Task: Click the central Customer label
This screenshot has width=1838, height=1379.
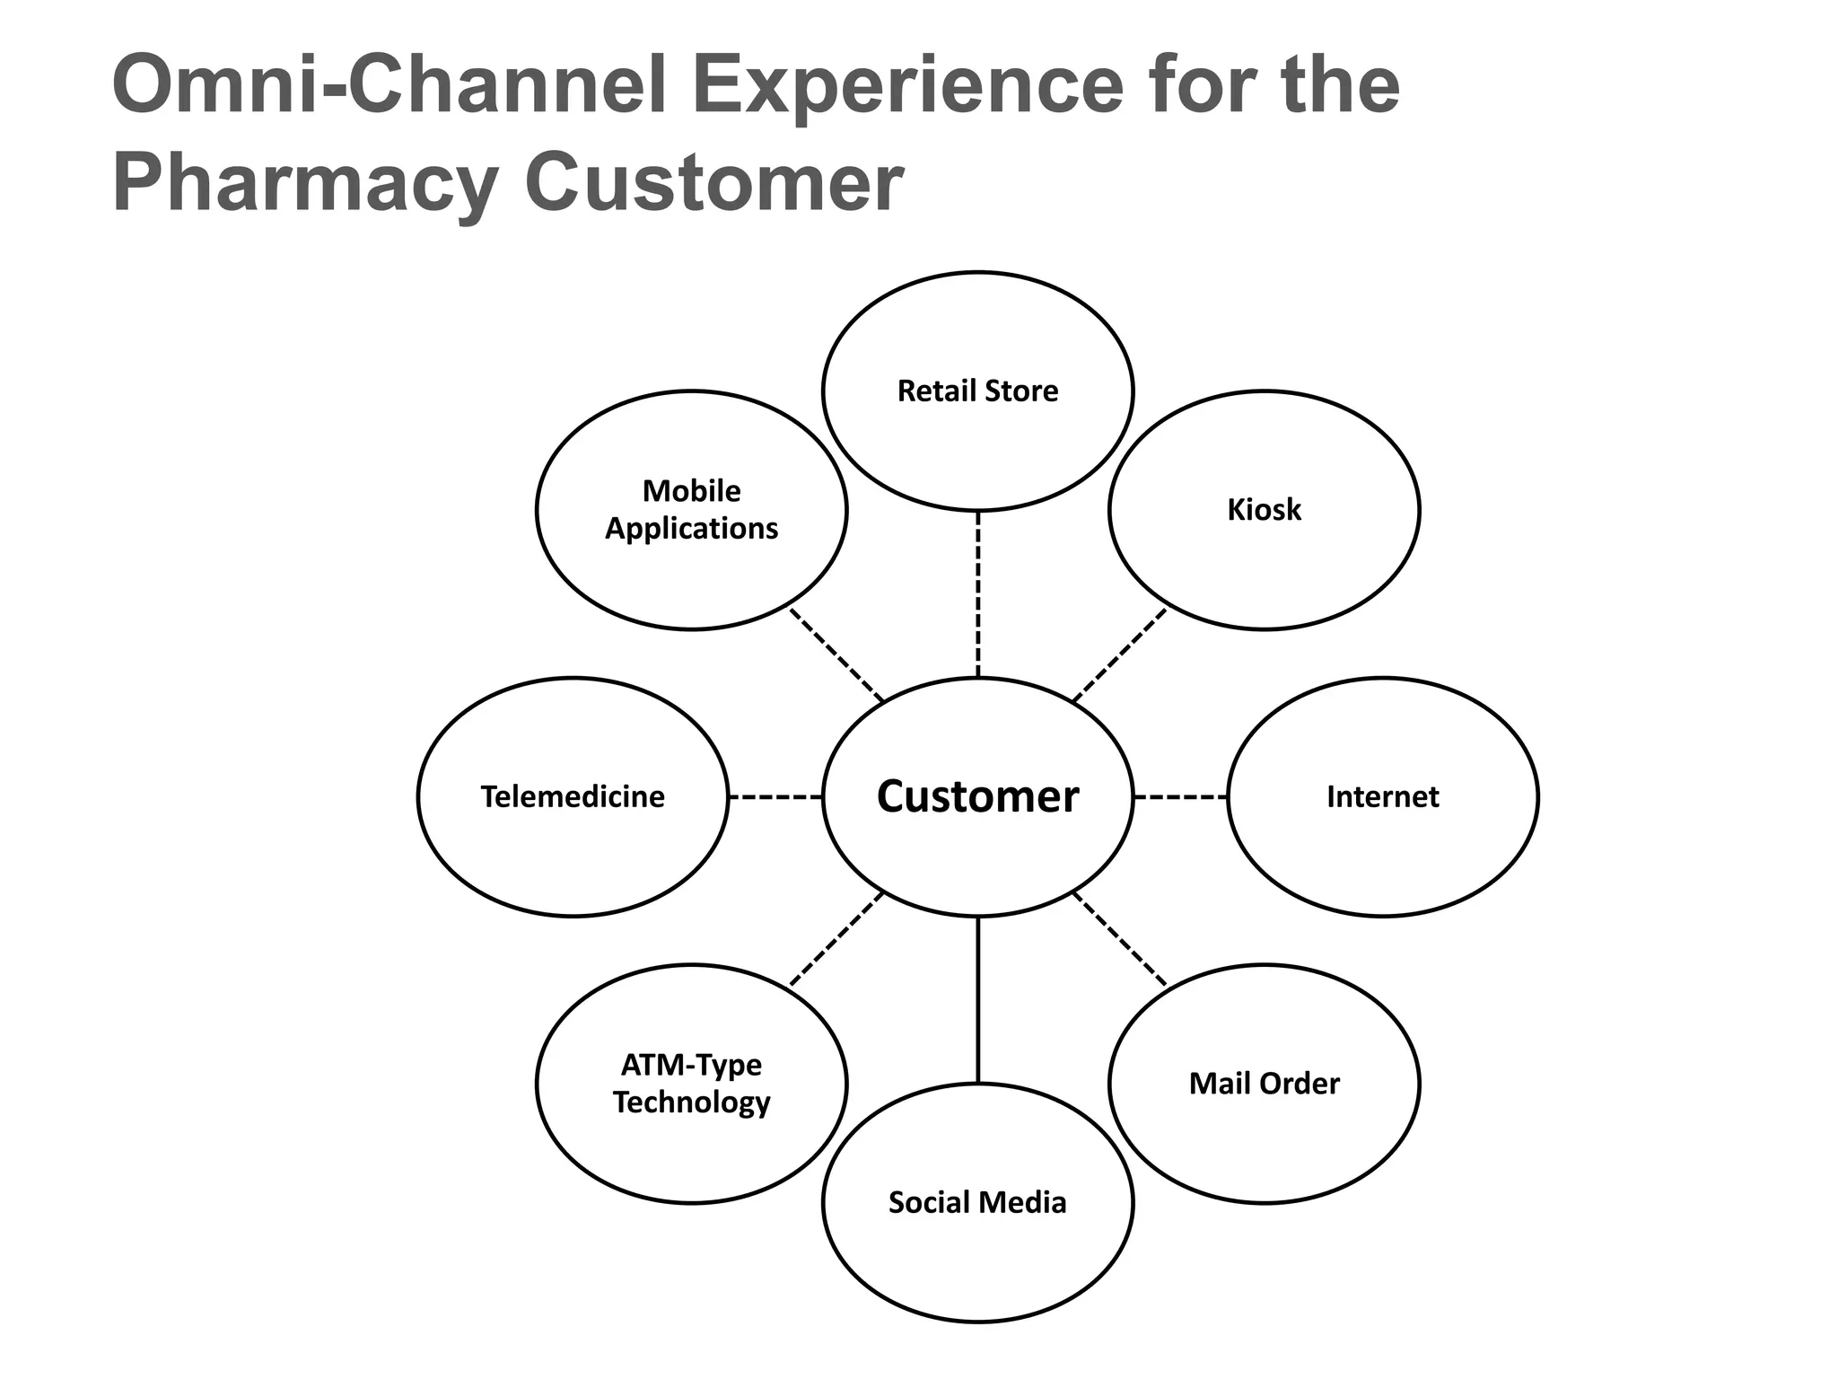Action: tap(977, 797)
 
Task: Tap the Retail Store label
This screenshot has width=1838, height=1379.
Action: tap(977, 391)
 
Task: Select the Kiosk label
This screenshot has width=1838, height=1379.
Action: tap(1264, 510)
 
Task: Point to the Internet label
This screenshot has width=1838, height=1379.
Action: tap(1382, 797)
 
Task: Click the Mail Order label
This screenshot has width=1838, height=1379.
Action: tap(1264, 1084)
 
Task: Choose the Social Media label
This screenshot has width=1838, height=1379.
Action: tap(977, 1203)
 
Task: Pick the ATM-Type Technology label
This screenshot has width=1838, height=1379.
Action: tap(691, 1084)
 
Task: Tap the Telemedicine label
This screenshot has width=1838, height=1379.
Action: tap(573, 797)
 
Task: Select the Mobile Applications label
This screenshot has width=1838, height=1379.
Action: tap(691, 510)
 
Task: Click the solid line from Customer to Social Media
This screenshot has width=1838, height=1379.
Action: tap(977, 998)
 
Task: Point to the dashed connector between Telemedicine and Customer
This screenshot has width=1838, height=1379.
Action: tap(775, 797)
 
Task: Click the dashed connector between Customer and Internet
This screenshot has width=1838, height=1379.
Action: tap(1180, 797)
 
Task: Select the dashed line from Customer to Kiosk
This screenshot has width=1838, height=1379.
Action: tap(1120, 655)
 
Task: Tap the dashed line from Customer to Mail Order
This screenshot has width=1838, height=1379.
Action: tap(1120, 939)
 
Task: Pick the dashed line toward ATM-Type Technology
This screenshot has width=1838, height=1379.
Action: tap(836, 939)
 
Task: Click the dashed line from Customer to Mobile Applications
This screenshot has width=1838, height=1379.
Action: tap(836, 655)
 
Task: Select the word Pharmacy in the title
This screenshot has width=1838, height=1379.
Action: tap(305, 185)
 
